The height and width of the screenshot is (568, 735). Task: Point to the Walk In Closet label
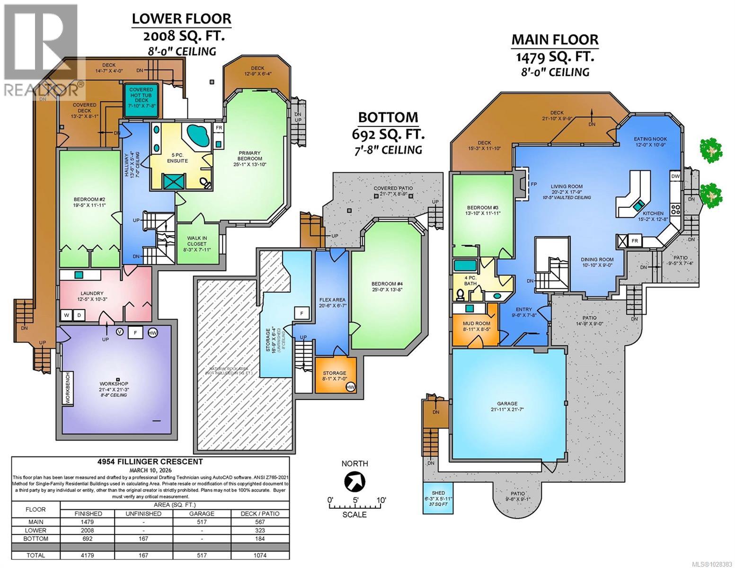point(197,241)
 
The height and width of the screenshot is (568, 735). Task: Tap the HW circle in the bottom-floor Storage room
point(351,387)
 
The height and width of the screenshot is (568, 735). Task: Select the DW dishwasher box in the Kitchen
point(675,177)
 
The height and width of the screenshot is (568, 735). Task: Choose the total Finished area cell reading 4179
point(89,555)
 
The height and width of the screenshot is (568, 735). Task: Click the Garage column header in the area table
point(202,514)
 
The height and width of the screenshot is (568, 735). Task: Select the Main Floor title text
point(555,40)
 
